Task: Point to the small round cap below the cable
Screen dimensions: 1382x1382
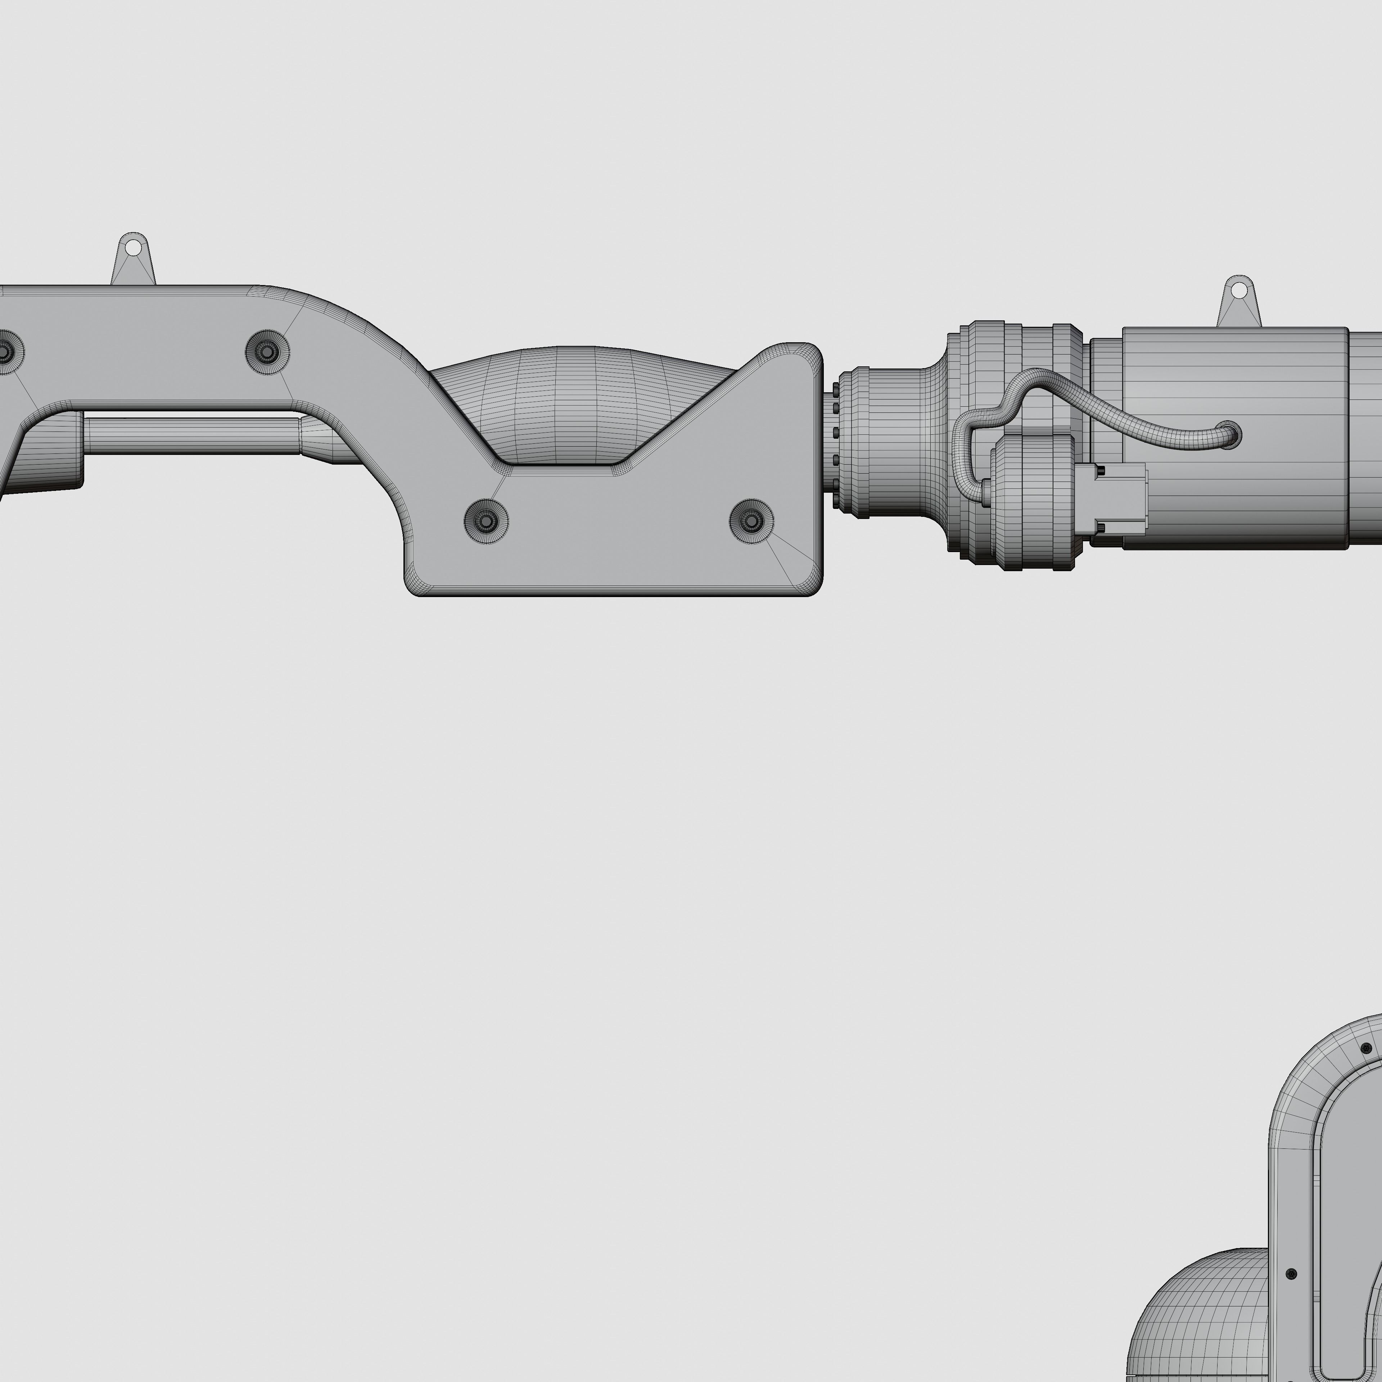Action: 1030,501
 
